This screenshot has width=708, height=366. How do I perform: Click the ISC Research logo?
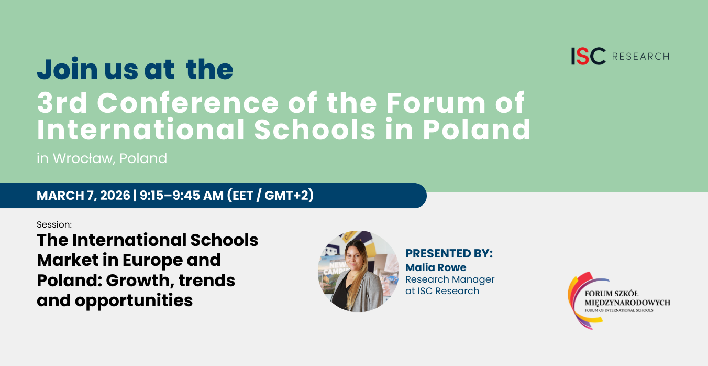pyautogui.click(x=619, y=56)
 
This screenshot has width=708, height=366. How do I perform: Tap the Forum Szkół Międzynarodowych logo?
pyautogui.click(x=618, y=300)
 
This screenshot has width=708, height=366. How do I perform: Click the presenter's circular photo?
pyautogui.click(x=359, y=271)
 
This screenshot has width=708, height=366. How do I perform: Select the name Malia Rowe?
pyautogui.click(x=436, y=267)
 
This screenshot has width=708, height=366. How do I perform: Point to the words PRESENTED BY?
pyautogui.click(x=449, y=254)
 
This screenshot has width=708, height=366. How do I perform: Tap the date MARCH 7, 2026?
pyautogui.click(x=83, y=196)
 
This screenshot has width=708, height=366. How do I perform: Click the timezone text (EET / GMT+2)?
pyautogui.click(x=270, y=196)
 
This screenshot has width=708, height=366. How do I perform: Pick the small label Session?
pyautogui.click(x=54, y=224)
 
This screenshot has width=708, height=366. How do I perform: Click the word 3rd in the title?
pyautogui.click(x=63, y=103)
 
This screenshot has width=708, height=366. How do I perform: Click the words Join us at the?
pyautogui.click(x=135, y=69)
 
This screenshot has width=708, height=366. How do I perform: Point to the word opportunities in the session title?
pyautogui.click(x=134, y=300)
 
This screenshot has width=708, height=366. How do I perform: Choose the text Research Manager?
pyautogui.click(x=450, y=279)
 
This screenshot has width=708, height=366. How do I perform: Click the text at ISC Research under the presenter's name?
pyautogui.click(x=442, y=291)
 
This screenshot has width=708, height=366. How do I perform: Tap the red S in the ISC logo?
pyautogui.click(x=583, y=56)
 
